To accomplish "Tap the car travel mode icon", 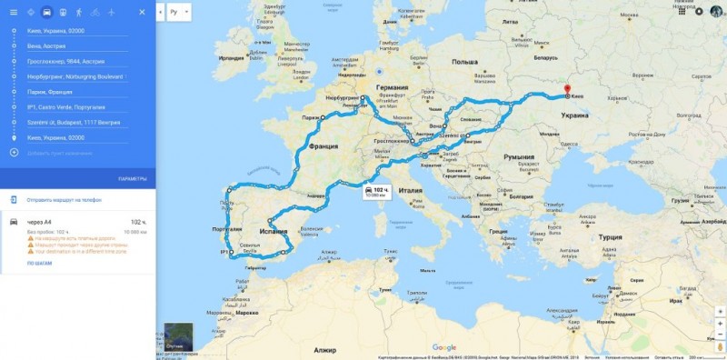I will point(46,13).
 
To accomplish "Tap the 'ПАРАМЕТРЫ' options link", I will point(132,178).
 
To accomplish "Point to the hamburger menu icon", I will point(13,13).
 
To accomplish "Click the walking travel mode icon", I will point(79,13).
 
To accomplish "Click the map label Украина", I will point(574,116).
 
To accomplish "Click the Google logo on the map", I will point(443,347).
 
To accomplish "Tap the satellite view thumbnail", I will point(180,337).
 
